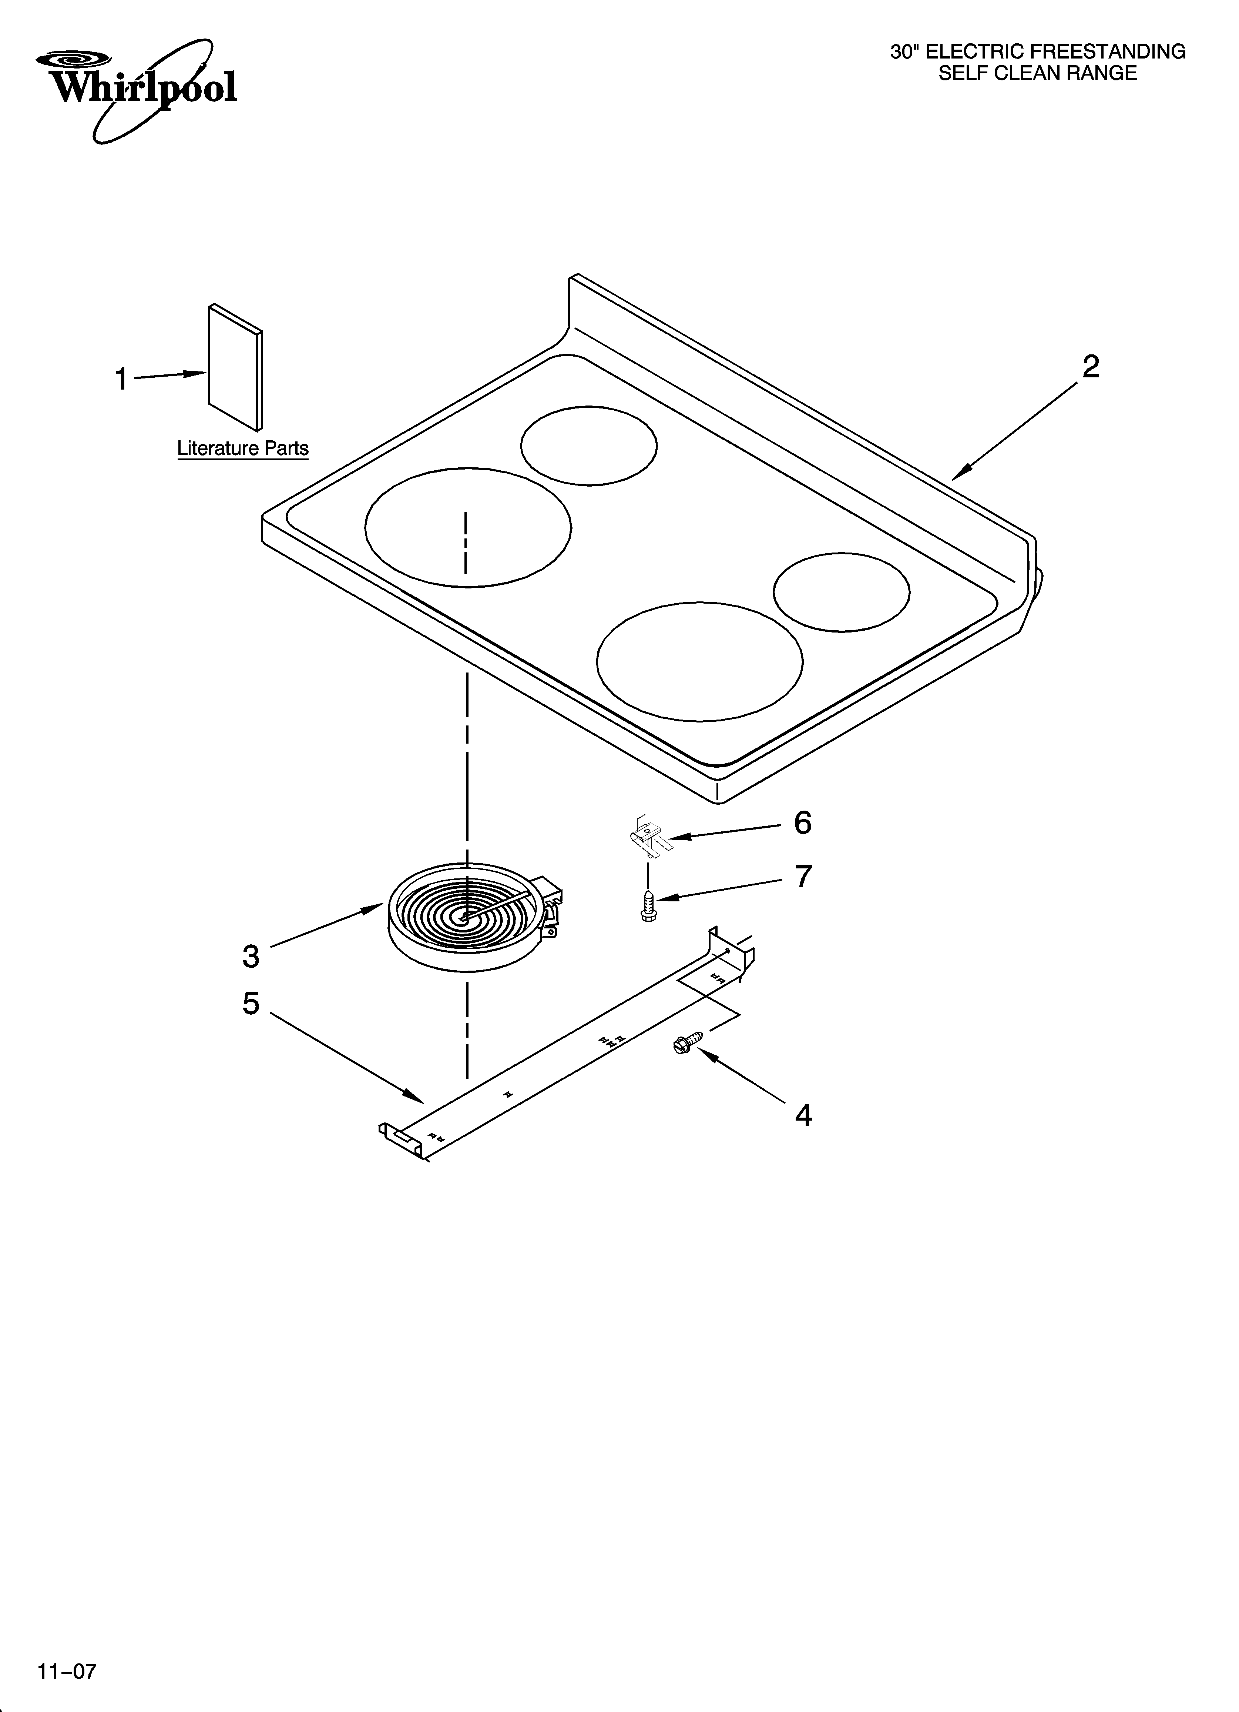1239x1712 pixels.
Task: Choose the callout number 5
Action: (251, 1003)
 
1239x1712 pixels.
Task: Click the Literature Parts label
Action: (243, 448)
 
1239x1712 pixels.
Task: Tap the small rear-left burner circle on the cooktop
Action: (588, 445)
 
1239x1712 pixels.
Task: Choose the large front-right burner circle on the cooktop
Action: (699, 661)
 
